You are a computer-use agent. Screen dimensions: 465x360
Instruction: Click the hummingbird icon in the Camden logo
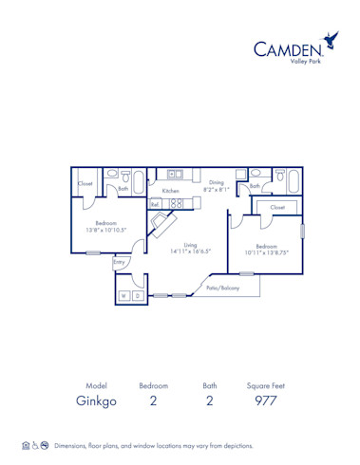pos(330,39)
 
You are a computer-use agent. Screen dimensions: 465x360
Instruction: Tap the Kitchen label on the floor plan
pos(170,191)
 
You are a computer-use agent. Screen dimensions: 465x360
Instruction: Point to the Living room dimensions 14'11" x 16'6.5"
pos(191,251)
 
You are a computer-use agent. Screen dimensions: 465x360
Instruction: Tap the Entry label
pos(120,261)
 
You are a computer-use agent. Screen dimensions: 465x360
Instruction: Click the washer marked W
pos(123,296)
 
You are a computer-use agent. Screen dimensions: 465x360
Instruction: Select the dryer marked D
pos(138,296)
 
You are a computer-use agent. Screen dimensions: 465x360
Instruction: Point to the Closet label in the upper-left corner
pos(85,183)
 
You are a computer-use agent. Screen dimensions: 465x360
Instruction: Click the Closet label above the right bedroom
pos(277,206)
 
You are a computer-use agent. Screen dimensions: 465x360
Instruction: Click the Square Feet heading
pos(265,386)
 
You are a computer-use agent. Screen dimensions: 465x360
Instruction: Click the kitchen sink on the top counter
pos(175,175)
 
